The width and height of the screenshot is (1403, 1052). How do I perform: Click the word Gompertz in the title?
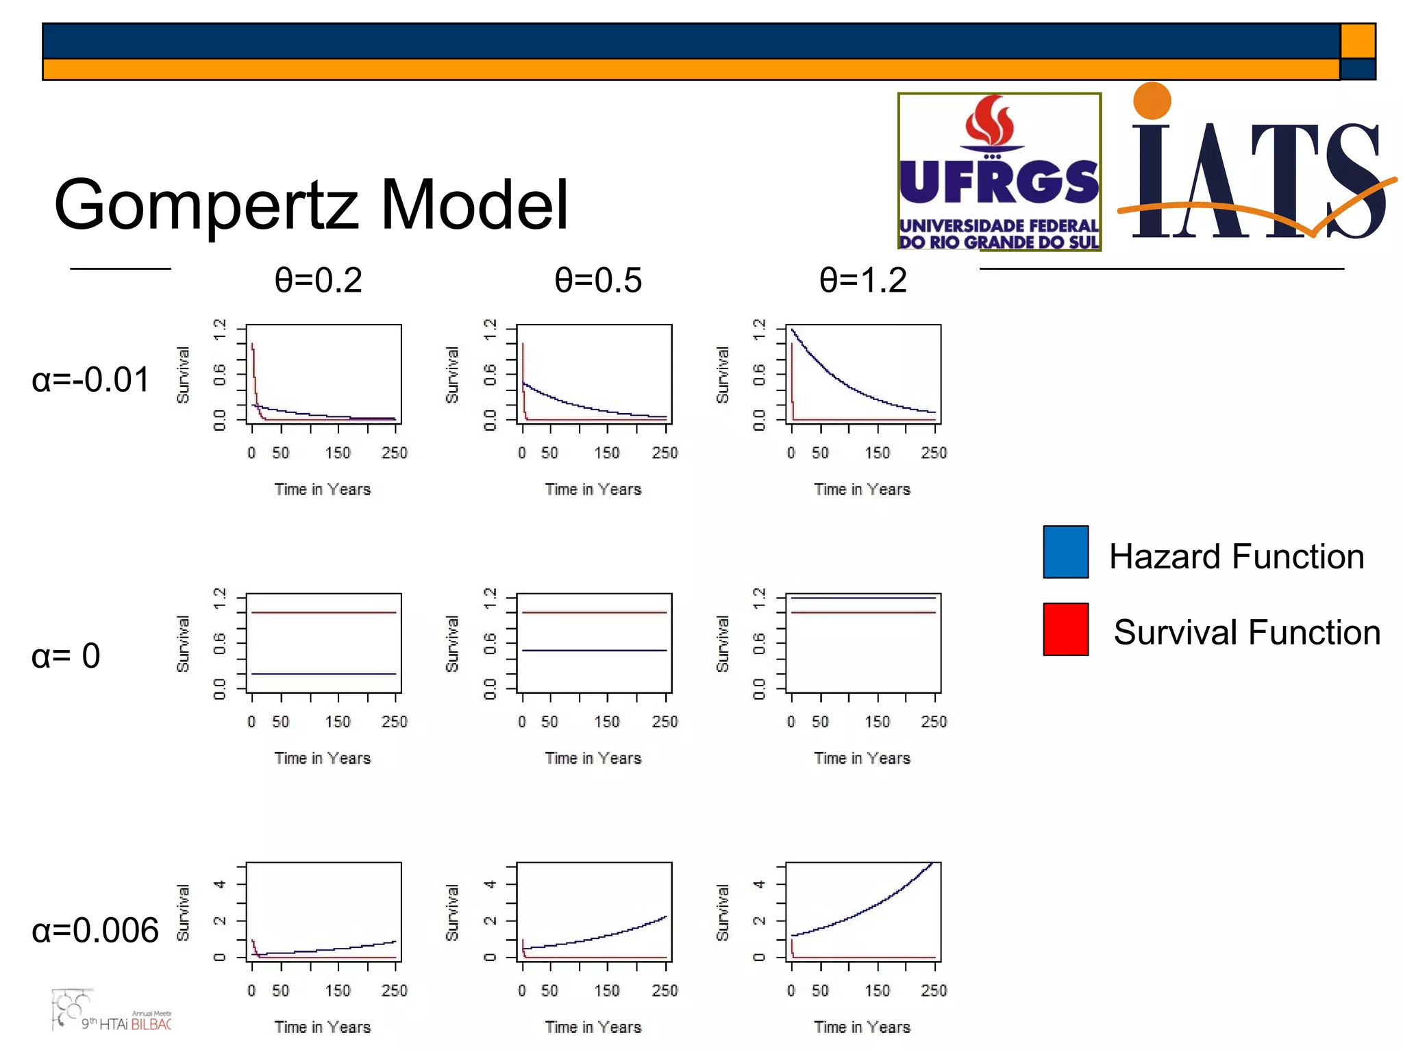point(206,205)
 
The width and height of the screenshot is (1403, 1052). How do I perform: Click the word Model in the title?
point(474,204)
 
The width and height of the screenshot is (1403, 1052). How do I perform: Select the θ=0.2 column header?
point(319,281)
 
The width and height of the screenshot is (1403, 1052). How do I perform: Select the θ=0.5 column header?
point(598,281)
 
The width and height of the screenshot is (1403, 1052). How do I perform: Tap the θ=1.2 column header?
point(863,281)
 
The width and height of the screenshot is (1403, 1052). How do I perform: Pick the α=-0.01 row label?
point(91,380)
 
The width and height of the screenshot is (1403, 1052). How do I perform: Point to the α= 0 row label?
point(66,656)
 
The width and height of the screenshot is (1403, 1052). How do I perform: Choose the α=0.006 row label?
point(95,930)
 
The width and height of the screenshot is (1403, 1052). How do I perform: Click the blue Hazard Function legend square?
point(1065,552)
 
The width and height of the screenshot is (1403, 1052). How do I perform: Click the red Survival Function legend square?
point(1065,629)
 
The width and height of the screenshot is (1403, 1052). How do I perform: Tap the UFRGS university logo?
point(999,172)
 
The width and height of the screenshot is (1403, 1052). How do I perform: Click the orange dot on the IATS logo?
point(1152,101)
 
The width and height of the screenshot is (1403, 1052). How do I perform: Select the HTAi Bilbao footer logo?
point(113,1012)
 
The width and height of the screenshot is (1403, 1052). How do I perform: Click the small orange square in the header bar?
point(1357,41)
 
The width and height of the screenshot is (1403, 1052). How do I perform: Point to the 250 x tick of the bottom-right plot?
point(934,990)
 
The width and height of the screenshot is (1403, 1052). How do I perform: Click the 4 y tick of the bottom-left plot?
point(219,884)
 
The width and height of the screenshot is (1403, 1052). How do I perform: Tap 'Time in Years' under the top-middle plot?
point(593,490)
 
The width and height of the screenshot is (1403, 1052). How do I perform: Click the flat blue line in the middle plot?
point(594,650)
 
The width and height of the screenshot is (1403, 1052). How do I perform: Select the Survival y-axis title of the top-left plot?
point(183,375)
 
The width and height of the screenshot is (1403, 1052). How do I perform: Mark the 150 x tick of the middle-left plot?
point(338,722)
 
